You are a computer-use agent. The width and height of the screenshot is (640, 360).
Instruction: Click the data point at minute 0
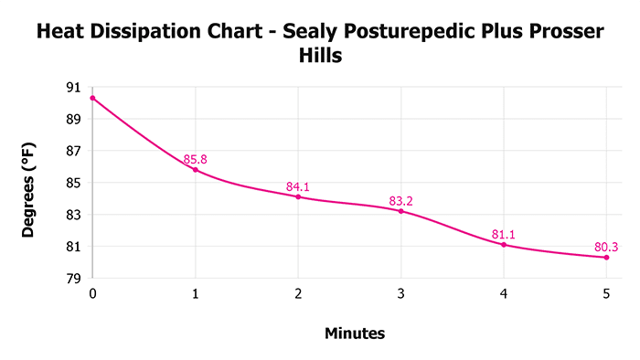pos(93,98)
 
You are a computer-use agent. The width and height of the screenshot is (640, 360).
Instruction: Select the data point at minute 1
pos(196,170)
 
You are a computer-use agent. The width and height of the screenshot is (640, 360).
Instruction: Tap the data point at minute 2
pos(298,196)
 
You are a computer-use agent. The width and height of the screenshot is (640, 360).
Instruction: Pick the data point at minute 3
pos(401,211)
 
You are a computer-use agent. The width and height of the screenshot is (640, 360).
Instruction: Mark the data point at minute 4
pos(504,245)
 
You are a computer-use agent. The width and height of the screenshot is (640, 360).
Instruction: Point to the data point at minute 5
pos(606,258)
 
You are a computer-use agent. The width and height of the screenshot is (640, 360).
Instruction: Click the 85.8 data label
pos(196,159)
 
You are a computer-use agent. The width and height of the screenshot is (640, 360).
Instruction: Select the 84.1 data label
pos(298,186)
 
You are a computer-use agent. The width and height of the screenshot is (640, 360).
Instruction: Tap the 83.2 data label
pos(401,200)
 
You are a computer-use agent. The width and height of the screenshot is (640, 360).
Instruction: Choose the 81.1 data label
pos(504,234)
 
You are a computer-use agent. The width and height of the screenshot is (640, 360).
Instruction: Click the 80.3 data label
pos(606,247)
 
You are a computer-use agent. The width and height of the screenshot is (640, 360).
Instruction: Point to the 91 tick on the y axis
pos(73,87)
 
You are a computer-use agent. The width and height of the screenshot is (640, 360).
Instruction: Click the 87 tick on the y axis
pos(73,151)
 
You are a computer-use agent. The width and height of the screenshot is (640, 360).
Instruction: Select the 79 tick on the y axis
pos(73,279)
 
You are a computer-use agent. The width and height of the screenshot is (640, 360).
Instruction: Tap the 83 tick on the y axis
pos(73,215)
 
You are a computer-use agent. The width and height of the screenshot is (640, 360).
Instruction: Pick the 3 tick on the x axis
pos(401,293)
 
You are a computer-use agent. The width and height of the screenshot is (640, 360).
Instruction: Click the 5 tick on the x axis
pos(606,293)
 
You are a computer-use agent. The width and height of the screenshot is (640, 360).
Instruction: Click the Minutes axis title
pos(355,334)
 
